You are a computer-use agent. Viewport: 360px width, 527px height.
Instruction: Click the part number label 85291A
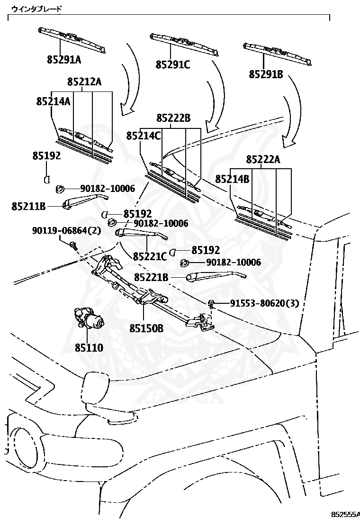63,59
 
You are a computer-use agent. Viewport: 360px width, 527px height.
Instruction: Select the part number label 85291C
173,64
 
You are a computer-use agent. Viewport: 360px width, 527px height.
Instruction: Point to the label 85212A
84,82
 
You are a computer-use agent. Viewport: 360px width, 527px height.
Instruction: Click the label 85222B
173,118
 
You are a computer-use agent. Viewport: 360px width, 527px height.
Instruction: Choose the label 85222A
263,160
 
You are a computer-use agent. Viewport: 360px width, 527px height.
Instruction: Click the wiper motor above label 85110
90,319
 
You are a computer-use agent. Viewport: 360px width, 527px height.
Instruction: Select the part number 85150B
146,327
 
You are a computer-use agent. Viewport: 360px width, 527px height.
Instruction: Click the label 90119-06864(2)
67,230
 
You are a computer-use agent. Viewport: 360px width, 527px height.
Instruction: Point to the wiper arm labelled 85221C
142,233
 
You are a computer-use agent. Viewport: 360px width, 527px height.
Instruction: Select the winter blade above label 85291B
277,53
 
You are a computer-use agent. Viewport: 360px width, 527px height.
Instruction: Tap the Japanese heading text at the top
36,9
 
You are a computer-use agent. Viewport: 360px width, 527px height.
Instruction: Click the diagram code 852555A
345,514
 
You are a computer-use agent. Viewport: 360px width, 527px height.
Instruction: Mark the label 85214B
232,179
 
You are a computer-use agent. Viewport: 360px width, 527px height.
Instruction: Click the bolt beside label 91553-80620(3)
211,303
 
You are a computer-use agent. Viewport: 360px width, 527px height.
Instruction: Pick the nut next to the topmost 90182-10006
60,189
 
